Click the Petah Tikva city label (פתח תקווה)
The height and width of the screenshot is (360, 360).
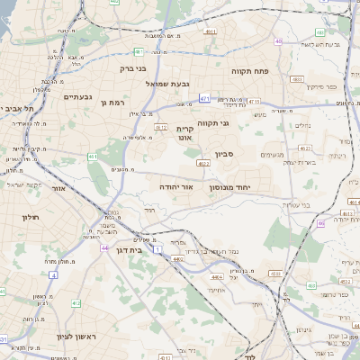(x=252, y=70)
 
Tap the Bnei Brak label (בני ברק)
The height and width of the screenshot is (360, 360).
(x=132, y=67)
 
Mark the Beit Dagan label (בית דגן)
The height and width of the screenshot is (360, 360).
(x=130, y=249)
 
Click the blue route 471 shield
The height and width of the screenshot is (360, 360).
(x=205, y=98)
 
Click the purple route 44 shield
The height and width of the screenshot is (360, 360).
(x=105, y=247)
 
